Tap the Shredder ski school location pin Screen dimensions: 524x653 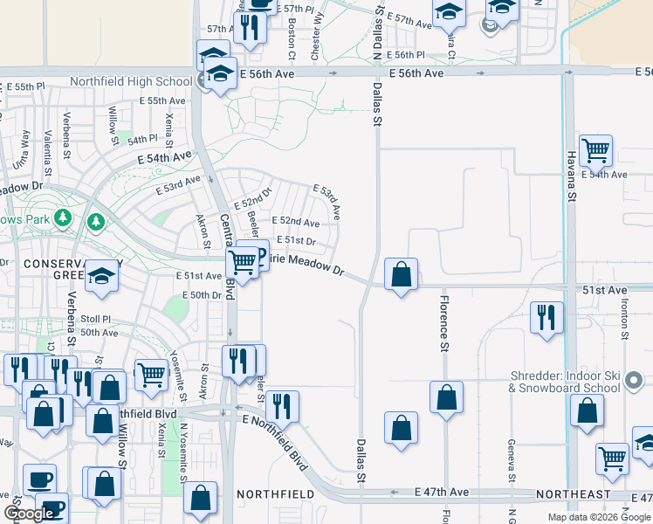click(635, 381)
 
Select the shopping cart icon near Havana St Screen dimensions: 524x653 click(595, 149)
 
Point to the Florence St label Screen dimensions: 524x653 click(443, 324)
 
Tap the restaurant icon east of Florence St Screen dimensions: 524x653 click(546, 318)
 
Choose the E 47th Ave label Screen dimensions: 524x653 click(442, 493)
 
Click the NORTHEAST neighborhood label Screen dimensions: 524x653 click(574, 494)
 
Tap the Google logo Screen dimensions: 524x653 click(29, 514)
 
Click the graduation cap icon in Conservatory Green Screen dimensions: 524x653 click(102, 277)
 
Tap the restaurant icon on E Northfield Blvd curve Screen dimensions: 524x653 click(281, 406)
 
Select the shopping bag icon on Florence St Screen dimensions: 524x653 click(446, 396)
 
